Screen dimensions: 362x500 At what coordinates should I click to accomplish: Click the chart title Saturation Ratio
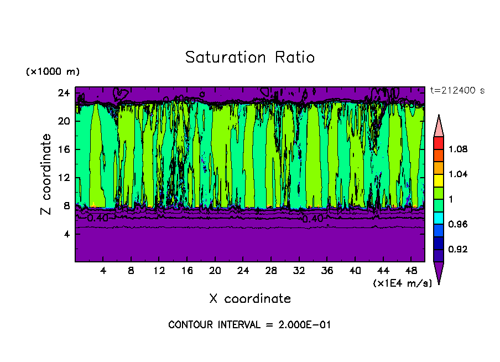(250, 58)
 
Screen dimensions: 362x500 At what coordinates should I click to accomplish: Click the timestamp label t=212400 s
(457, 91)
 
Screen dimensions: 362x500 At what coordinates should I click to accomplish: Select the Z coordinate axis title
(46, 174)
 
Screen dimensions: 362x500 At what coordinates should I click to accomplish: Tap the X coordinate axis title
(250, 299)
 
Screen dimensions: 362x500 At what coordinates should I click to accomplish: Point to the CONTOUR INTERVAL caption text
(249, 325)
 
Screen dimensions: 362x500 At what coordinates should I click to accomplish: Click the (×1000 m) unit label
(53, 72)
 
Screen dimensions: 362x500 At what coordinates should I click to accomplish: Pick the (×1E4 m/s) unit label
(402, 283)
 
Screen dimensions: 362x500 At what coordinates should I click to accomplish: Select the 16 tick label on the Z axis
(64, 149)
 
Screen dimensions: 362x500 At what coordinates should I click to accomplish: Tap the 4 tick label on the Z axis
(67, 234)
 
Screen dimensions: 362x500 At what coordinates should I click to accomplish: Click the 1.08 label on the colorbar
(458, 149)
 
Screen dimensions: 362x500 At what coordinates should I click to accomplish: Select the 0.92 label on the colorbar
(458, 250)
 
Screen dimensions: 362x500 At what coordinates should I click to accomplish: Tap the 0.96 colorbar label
(458, 225)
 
